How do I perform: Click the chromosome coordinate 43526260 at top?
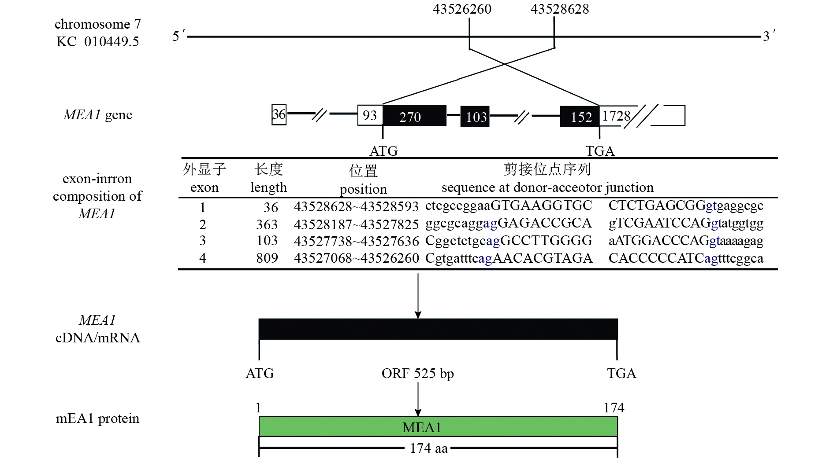pyautogui.click(x=462, y=9)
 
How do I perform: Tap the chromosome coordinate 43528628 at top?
pyautogui.click(x=559, y=9)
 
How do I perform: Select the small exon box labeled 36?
pyautogui.click(x=279, y=115)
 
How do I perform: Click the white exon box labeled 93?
pyautogui.click(x=370, y=115)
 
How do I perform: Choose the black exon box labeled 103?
pyautogui.click(x=475, y=117)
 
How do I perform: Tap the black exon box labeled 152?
pyautogui.click(x=580, y=117)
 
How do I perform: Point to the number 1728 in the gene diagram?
pyautogui.click(x=616, y=116)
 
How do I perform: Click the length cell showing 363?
pyautogui.click(x=267, y=225)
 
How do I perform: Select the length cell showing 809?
pyautogui.click(x=267, y=258)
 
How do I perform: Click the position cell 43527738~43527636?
pyautogui.click(x=356, y=241)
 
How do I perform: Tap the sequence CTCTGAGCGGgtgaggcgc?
pyautogui.click(x=686, y=206)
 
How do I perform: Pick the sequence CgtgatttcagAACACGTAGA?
pyautogui.click(x=509, y=258)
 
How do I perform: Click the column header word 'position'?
pyautogui.click(x=363, y=189)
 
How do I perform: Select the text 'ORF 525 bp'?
pyautogui.click(x=417, y=374)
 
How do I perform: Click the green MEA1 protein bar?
pyautogui.click(x=438, y=426)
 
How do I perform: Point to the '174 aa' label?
pyautogui.click(x=428, y=448)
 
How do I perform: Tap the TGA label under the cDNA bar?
pyautogui.click(x=621, y=374)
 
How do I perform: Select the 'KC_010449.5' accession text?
pyautogui.click(x=97, y=42)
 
